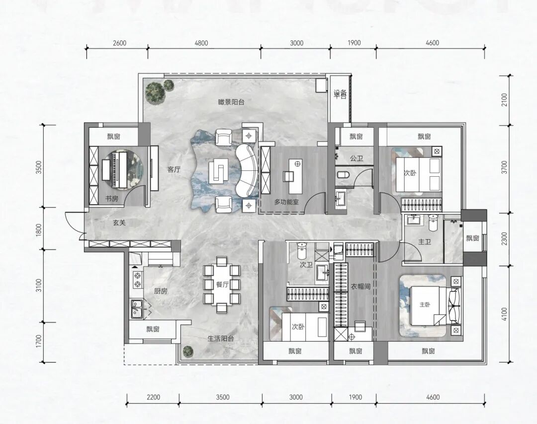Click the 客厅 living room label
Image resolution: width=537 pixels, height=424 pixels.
point(174,169)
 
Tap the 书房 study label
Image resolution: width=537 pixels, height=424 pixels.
point(112,198)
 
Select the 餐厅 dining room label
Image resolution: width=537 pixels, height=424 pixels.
point(222,284)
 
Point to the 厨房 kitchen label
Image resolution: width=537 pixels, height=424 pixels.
point(161,291)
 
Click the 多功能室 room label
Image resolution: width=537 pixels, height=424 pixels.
point(286,202)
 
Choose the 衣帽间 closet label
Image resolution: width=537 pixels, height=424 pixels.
point(360,286)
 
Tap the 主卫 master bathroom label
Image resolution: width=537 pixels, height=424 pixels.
point(424,242)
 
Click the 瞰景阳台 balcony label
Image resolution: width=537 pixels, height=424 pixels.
point(232,102)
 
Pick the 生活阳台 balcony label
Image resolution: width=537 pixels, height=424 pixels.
point(221,339)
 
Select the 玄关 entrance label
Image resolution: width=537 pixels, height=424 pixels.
point(119,223)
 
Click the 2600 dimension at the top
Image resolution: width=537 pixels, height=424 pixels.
point(119,43)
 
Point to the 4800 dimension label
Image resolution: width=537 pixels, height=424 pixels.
point(201,43)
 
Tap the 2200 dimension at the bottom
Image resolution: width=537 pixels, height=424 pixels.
point(153,397)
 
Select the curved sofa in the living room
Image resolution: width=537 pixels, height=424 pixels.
point(247,170)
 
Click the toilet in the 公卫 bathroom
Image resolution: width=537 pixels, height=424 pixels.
point(343,175)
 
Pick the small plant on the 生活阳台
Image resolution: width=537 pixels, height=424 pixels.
point(187,351)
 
